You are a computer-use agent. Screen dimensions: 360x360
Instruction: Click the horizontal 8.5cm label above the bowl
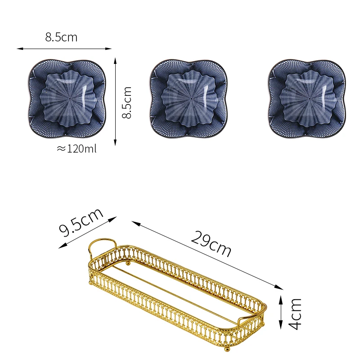61,37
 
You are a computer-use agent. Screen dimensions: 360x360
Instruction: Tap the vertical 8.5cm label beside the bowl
126,103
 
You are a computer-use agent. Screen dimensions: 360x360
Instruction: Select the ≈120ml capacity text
76,149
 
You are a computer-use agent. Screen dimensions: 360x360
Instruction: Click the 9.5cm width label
81,222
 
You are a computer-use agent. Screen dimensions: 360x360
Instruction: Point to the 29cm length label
211,244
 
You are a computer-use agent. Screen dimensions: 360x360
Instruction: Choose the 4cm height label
295,314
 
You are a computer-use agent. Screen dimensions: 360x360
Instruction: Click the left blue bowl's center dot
70,99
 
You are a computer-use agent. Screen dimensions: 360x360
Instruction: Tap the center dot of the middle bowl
191,99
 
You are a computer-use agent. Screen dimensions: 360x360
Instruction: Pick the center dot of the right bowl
310,99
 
